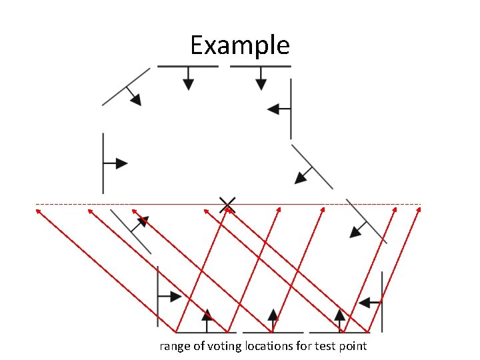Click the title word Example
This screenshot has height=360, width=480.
click(239, 46)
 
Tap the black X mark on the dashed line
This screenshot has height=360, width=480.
click(227, 204)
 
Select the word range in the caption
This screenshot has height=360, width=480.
click(173, 346)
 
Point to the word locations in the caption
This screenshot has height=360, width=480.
click(271, 346)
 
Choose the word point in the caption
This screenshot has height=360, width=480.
click(353, 346)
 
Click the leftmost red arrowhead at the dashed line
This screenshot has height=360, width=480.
click(38, 210)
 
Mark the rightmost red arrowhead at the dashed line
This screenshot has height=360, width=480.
click(419, 210)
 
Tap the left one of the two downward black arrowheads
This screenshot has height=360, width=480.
click(189, 84)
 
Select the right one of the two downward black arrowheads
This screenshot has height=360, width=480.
click(261, 84)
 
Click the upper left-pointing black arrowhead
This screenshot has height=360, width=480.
click(273, 109)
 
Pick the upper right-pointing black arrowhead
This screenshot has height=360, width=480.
click(121, 163)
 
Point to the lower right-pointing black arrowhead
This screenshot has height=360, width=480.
click(175, 297)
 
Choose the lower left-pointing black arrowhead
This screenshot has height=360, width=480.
click(364, 303)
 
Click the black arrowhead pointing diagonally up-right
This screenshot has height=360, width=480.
click(143, 221)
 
